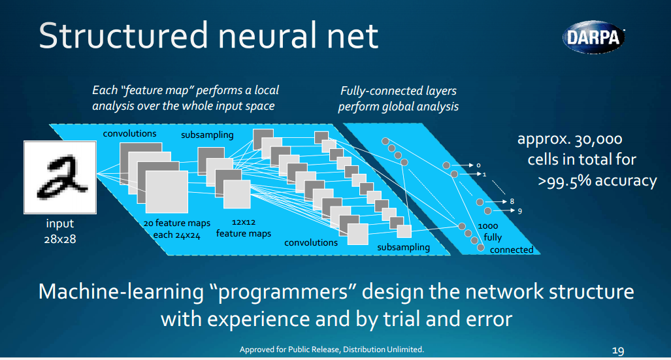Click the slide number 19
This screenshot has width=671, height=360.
coord(617,350)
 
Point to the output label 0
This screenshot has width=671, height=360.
coord(478,165)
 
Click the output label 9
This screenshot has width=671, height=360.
coord(519,211)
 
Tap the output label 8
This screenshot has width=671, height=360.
coord(512,201)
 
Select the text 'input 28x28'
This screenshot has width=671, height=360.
coord(60,231)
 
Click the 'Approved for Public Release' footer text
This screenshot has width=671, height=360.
coord(331,350)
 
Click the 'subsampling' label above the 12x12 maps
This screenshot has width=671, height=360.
coord(207,135)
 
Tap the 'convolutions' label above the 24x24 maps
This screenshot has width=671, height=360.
coord(129,133)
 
